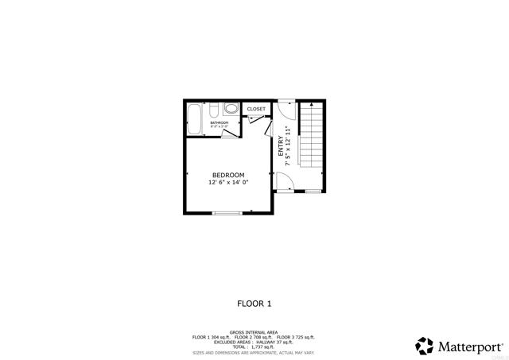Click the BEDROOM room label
[228, 175]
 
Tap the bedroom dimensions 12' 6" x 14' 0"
[228, 183]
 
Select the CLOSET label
[256, 109]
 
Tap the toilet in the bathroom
[231, 110]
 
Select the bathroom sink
[212, 109]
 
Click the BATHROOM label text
[220, 123]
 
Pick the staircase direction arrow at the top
[312, 104]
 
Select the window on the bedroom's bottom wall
[227, 212]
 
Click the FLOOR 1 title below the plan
[254, 303]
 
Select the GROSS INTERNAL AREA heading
[254, 331]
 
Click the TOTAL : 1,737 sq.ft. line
[254, 346]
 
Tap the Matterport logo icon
[425, 346]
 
